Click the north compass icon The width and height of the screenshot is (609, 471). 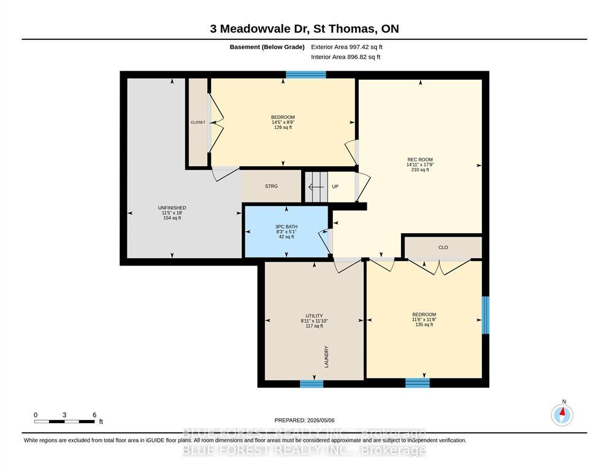click(562, 415)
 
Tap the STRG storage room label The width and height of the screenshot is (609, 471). click(272, 186)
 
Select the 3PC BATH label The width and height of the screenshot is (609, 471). click(286, 227)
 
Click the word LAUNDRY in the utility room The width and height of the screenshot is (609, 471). click(326, 357)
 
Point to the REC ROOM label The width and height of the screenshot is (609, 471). click(420, 159)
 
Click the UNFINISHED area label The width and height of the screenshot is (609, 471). click(172, 208)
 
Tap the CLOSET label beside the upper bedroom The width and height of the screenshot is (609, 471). click(198, 122)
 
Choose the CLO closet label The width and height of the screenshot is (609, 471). click(443, 247)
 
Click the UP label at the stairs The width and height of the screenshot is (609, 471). click(335, 187)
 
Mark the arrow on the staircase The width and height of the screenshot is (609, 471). click(316, 187)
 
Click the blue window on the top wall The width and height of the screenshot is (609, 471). click(306, 75)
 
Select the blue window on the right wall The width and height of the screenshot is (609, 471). click(486, 315)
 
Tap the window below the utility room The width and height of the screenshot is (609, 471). click(312, 384)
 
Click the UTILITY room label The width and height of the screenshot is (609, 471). click(314, 316)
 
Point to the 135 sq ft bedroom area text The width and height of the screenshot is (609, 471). click(424, 324)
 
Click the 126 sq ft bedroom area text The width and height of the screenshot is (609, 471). click(283, 128)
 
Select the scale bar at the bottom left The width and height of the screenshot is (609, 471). click(64, 421)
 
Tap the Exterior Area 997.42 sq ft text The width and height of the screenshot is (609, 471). click(347, 47)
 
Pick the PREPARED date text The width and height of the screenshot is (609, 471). click(304, 420)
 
